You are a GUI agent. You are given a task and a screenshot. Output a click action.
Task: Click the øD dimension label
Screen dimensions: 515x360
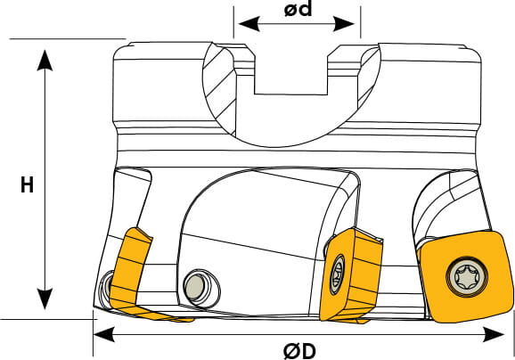click(x=299, y=351)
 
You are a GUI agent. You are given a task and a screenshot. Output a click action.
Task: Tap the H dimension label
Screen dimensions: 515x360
click(x=27, y=185)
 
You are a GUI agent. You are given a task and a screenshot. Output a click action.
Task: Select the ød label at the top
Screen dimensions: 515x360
click(x=298, y=9)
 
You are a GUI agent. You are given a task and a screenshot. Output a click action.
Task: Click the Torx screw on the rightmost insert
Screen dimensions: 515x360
click(x=467, y=276)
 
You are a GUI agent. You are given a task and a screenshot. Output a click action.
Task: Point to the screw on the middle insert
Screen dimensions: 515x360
click(x=337, y=274)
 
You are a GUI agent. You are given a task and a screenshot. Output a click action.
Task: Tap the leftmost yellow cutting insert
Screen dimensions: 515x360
click(x=138, y=274)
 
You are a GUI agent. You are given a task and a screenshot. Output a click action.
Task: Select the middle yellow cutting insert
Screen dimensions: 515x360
click(x=351, y=274)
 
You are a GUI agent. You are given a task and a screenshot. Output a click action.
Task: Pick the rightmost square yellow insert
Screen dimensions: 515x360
click(x=466, y=276)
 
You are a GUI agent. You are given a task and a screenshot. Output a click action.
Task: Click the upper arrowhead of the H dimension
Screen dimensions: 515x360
click(x=45, y=60)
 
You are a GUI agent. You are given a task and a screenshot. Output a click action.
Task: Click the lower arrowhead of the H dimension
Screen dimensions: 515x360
click(x=45, y=299)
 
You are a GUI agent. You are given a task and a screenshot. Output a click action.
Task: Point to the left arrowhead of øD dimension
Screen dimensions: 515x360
click(x=104, y=334)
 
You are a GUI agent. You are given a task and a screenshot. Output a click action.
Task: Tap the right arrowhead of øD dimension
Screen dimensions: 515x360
click(x=495, y=334)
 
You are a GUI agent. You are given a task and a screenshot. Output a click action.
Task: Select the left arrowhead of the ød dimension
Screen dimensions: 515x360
click(x=249, y=24)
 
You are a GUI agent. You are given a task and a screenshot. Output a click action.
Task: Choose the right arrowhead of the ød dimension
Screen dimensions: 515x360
click(x=344, y=24)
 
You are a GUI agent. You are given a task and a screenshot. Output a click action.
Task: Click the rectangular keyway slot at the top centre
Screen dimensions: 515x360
click(x=291, y=78)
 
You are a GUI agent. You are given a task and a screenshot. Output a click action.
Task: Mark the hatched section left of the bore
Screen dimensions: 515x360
click(x=218, y=90)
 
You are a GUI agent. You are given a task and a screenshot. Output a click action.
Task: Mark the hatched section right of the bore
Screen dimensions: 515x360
click(x=369, y=77)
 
